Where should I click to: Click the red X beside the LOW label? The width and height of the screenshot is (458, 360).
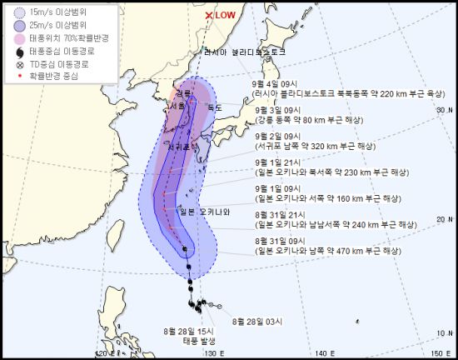(x=209, y=15)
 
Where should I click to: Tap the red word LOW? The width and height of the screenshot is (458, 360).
(x=226, y=15)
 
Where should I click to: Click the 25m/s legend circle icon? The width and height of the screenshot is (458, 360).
(x=19, y=26)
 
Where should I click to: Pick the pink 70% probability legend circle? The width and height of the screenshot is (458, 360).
(x=19, y=38)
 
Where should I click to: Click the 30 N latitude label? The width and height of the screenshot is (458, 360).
(x=443, y=109)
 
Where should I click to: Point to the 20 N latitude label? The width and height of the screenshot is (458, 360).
(x=443, y=218)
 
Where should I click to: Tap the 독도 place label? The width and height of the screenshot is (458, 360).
(x=215, y=107)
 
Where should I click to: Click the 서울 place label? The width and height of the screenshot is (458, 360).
(x=176, y=107)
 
